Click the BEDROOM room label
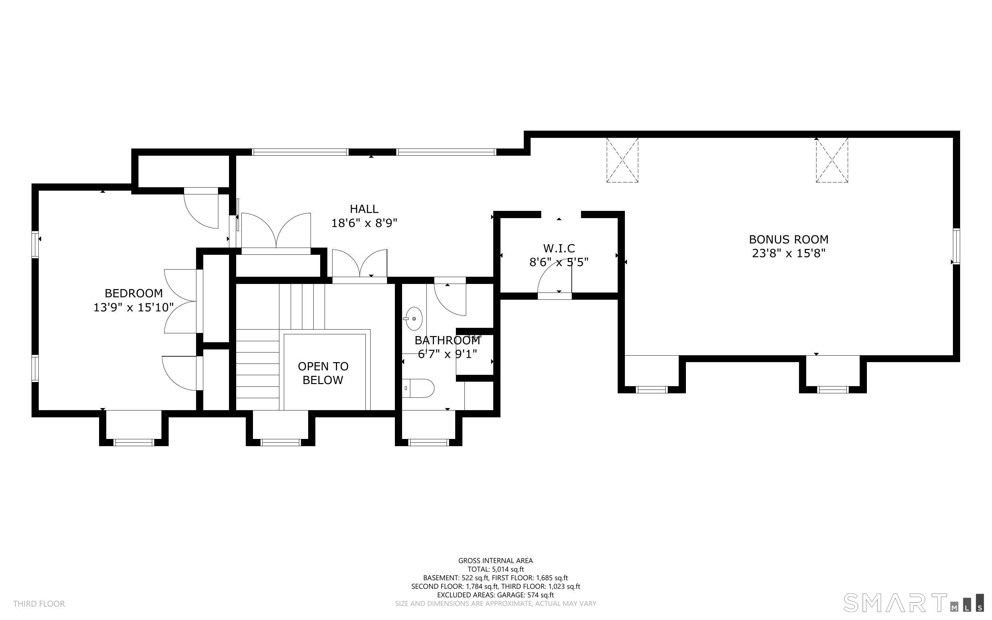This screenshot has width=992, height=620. (134, 293)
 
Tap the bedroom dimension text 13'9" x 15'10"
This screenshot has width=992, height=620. (134, 308)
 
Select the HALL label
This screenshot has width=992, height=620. (364, 209)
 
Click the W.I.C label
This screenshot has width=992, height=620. (559, 248)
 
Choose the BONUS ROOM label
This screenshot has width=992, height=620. (788, 239)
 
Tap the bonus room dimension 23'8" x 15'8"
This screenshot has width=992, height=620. (788, 253)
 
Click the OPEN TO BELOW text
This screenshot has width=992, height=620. (323, 373)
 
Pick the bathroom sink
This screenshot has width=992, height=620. (414, 319)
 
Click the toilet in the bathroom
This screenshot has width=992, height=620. (418, 388)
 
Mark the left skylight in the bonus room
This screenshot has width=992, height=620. (622, 160)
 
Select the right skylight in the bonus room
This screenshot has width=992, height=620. (832, 160)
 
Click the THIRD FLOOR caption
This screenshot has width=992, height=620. (39, 604)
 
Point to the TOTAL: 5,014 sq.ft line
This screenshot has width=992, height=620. (496, 569)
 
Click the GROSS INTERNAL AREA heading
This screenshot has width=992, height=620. (495, 561)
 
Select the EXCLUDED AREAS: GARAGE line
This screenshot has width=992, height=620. (495, 595)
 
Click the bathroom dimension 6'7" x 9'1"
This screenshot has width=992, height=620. (447, 354)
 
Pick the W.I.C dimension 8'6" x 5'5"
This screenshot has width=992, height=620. (559, 262)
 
